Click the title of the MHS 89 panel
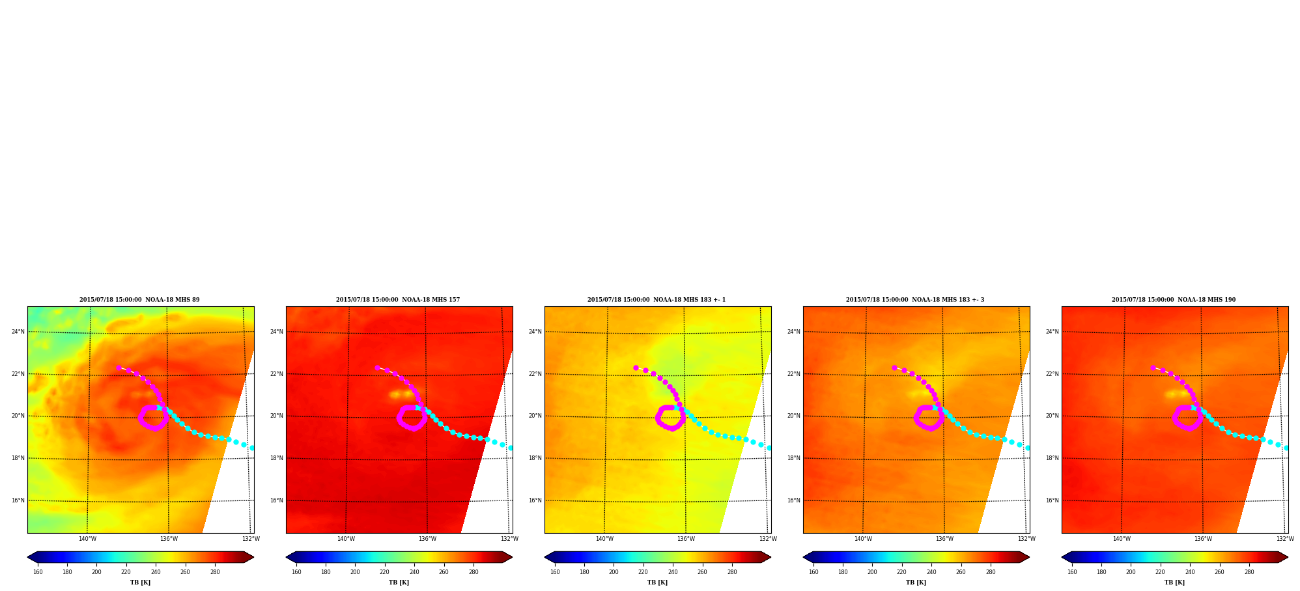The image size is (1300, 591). [x=139, y=300]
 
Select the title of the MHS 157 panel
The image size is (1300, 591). [x=398, y=300]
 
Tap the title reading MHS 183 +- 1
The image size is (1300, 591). [x=657, y=300]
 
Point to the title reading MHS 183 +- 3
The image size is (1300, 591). [x=915, y=300]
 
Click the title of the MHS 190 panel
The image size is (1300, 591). [x=1174, y=300]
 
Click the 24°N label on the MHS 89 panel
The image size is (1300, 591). [x=18, y=332]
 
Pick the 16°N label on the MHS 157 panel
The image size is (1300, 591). [x=276, y=500]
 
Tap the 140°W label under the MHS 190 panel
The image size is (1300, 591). [x=1122, y=539]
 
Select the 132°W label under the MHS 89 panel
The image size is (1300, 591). [x=251, y=539]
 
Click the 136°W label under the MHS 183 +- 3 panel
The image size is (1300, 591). [x=944, y=539]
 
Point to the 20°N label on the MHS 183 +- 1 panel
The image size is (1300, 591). [x=535, y=416]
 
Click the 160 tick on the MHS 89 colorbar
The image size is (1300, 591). [x=38, y=572]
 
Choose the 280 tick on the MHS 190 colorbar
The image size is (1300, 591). [x=1249, y=572]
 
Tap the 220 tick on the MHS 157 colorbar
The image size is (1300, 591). [x=384, y=572]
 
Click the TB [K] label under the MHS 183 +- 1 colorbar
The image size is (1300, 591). [x=657, y=583]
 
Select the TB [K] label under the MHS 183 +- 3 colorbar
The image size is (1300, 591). [x=916, y=583]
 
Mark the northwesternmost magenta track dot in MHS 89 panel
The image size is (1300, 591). [x=119, y=368]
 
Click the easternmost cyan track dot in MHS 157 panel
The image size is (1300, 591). [x=510, y=448]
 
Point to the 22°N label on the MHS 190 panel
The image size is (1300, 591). [x=1052, y=374]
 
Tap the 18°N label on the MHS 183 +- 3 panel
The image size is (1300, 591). [x=793, y=458]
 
